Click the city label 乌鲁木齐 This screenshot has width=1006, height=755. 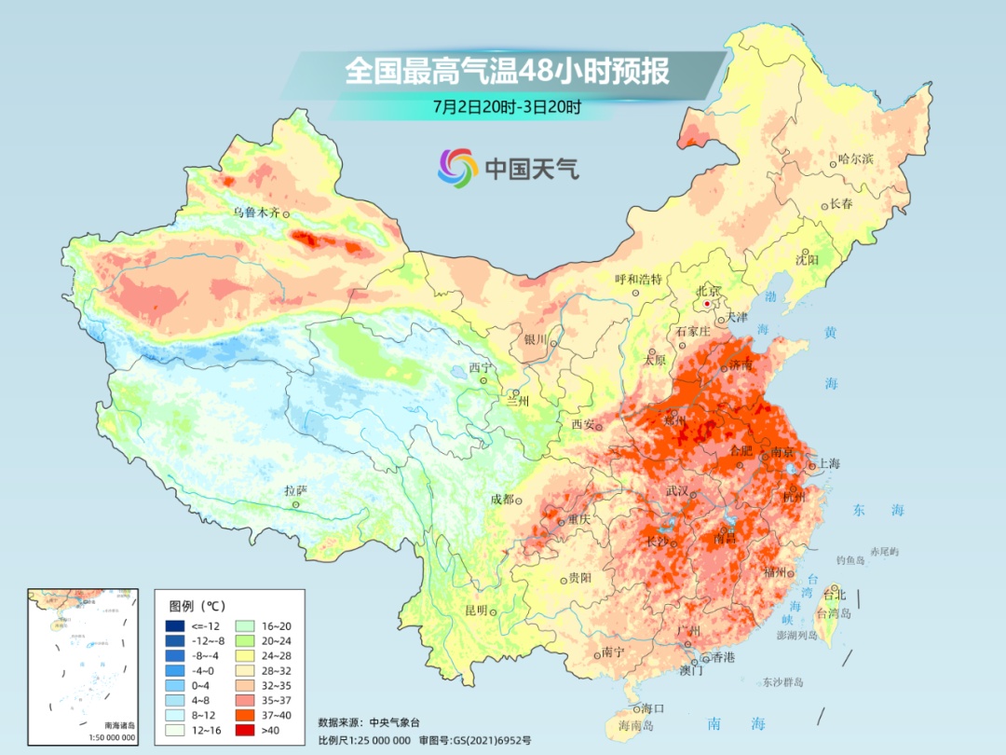(x=256, y=213)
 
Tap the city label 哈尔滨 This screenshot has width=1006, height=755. (x=856, y=159)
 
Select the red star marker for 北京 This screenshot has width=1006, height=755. (x=708, y=304)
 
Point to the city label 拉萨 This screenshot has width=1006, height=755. (x=295, y=490)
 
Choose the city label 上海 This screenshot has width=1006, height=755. (x=828, y=463)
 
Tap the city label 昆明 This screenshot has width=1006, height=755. (x=475, y=611)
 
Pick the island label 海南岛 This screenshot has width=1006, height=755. (x=638, y=724)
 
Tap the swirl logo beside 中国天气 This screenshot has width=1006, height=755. (x=457, y=167)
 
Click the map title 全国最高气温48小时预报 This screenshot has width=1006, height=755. (x=508, y=72)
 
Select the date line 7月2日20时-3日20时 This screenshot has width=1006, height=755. (x=508, y=106)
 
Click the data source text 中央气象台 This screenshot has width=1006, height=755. (x=395, y=722)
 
